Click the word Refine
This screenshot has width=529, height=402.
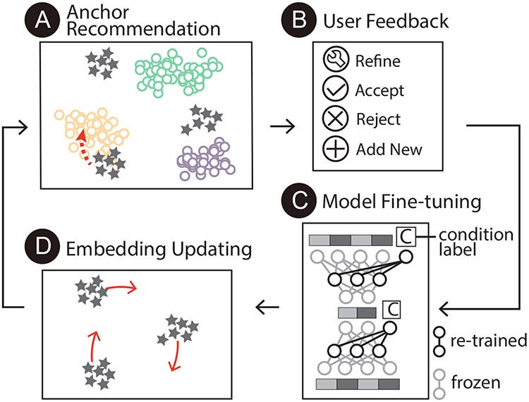378,61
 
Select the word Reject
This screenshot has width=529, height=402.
378,120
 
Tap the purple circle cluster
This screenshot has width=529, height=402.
205,159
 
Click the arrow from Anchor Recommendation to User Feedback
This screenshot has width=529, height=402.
280,127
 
